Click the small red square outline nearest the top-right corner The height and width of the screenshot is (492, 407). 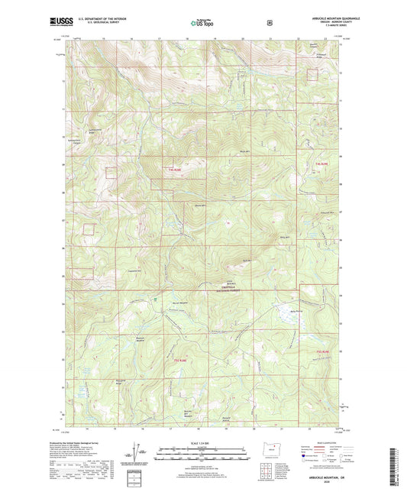click(312, 73)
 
